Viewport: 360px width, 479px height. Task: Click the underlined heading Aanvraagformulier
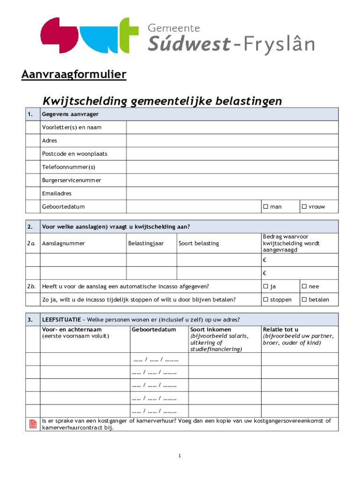coord(73,75)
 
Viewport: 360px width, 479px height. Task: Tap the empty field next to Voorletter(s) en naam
coord(232,127)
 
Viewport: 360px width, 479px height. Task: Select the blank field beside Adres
coord(232,140)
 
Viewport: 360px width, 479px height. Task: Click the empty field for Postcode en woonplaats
coord(232,153)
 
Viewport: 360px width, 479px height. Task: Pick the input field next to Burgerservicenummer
coord(232,180)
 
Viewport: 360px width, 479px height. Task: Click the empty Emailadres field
coord(232,193)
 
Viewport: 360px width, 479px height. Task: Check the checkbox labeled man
coord(266,207)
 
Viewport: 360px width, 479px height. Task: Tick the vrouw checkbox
coord(304,207)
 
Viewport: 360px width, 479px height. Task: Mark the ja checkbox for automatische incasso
coord(266,286)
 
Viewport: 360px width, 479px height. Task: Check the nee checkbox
coord(304,286)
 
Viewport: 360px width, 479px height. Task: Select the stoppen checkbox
coord(266,299)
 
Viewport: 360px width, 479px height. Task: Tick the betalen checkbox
coord(304,299)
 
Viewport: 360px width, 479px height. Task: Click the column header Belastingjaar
coord(146,243)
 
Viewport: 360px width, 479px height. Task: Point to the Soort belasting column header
coord(199,243)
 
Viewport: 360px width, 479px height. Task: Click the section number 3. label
coord(30,320)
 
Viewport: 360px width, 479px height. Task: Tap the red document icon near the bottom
coord(33,424)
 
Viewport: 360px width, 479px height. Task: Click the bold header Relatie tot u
coord(281,330)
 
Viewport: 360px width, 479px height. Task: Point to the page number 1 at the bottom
coord(180,456)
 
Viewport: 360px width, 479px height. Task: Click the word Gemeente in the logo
coord(174,28)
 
